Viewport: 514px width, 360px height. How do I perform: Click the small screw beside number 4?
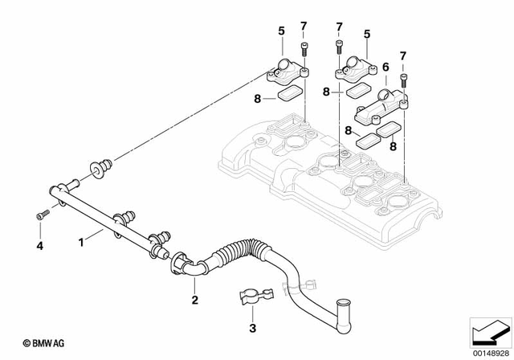point(42,215)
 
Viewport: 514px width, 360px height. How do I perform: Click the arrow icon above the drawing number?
point(489,331)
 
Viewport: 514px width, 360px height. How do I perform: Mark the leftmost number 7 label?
point(304,27)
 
